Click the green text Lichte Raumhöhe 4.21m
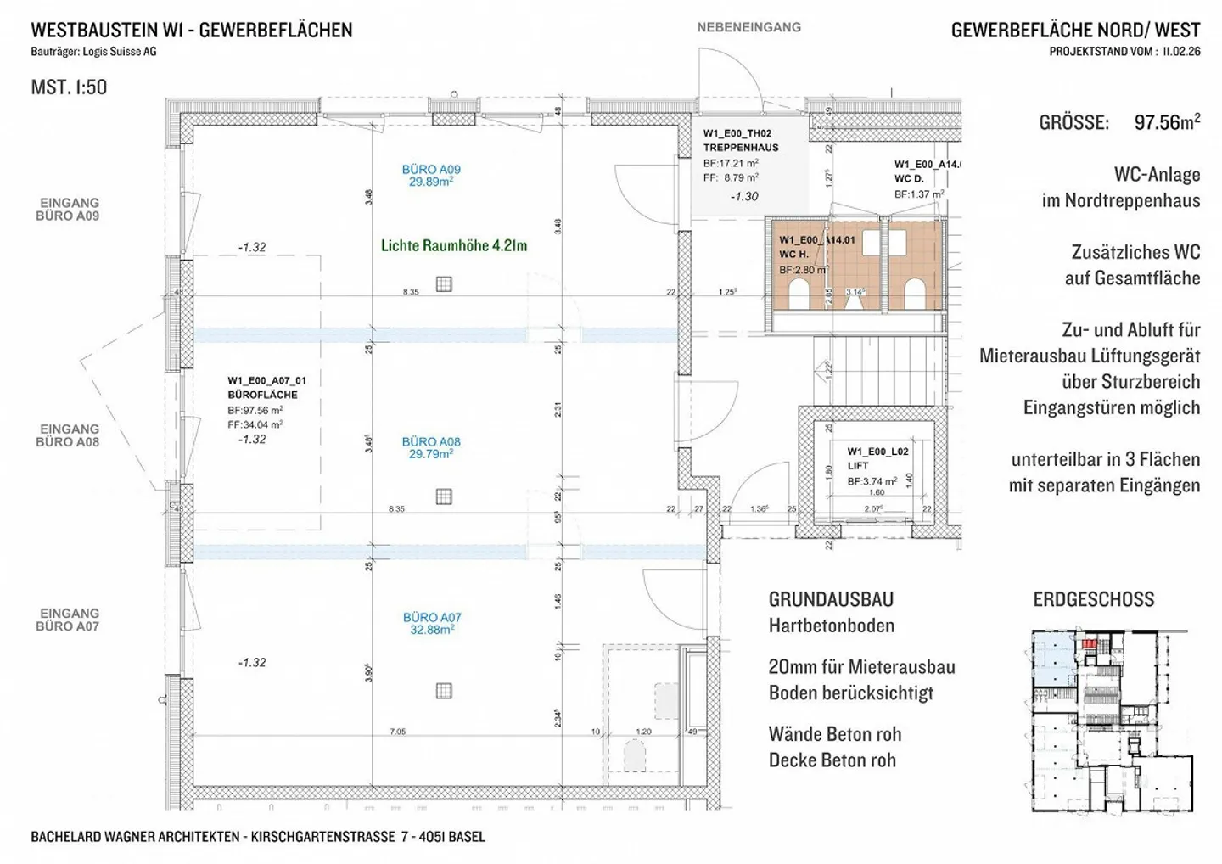point(454,246)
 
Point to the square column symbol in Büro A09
point(444,283)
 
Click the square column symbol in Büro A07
point(444,691)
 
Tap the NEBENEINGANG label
point(748,27)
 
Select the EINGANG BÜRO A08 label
point(69,435)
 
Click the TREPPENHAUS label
point(740,147)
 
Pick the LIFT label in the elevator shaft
point(857,466)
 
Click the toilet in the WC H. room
point(800,294)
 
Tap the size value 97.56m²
point(1167,122)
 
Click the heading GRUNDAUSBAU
point(831,599)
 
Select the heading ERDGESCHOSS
point(1093,599)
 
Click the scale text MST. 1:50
point(69,87)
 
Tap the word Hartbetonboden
point(831,626)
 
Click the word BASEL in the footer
point(466,837)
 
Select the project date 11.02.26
point(1181,51)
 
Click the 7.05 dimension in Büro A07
point(397,732)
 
